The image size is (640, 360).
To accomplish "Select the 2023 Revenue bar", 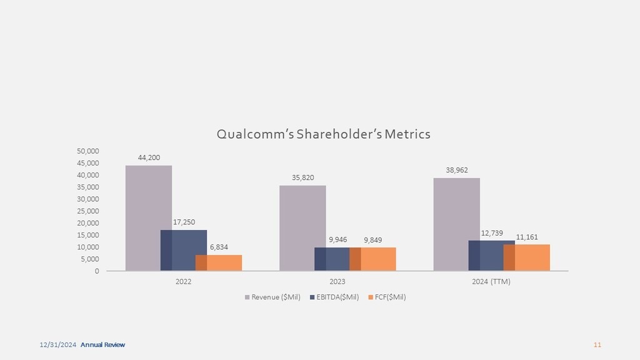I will [302, 227].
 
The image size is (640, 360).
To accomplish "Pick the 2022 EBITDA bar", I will [184, 250].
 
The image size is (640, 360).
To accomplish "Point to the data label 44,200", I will [149, 158].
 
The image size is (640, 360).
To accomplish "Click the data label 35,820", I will [302, 178].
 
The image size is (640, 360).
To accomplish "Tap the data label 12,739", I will [491, 233].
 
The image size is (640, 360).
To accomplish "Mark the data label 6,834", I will [219, 247].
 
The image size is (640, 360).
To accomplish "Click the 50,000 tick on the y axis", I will [88, 151].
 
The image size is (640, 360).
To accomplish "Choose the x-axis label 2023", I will [337, 281].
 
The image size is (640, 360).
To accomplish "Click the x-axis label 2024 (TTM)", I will [491, 281].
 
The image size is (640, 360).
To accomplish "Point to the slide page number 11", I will [597, 345].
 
